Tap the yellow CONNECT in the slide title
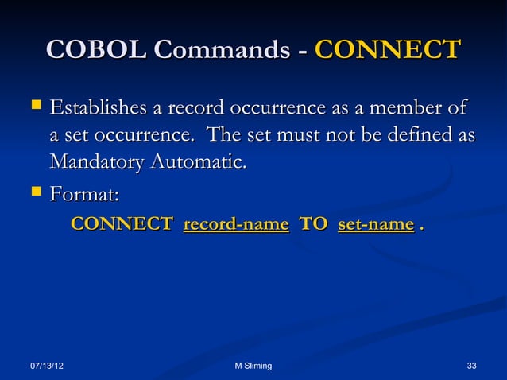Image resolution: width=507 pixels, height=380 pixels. pos(387,49)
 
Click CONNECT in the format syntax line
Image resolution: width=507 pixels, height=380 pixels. pos(122,225)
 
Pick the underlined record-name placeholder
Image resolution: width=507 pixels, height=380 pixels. pos(235,225)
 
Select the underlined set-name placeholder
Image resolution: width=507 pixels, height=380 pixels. pos(375,225)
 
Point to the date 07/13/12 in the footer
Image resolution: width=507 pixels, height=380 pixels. pos(48,365)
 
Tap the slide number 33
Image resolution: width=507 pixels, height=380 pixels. pos(471,365)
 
